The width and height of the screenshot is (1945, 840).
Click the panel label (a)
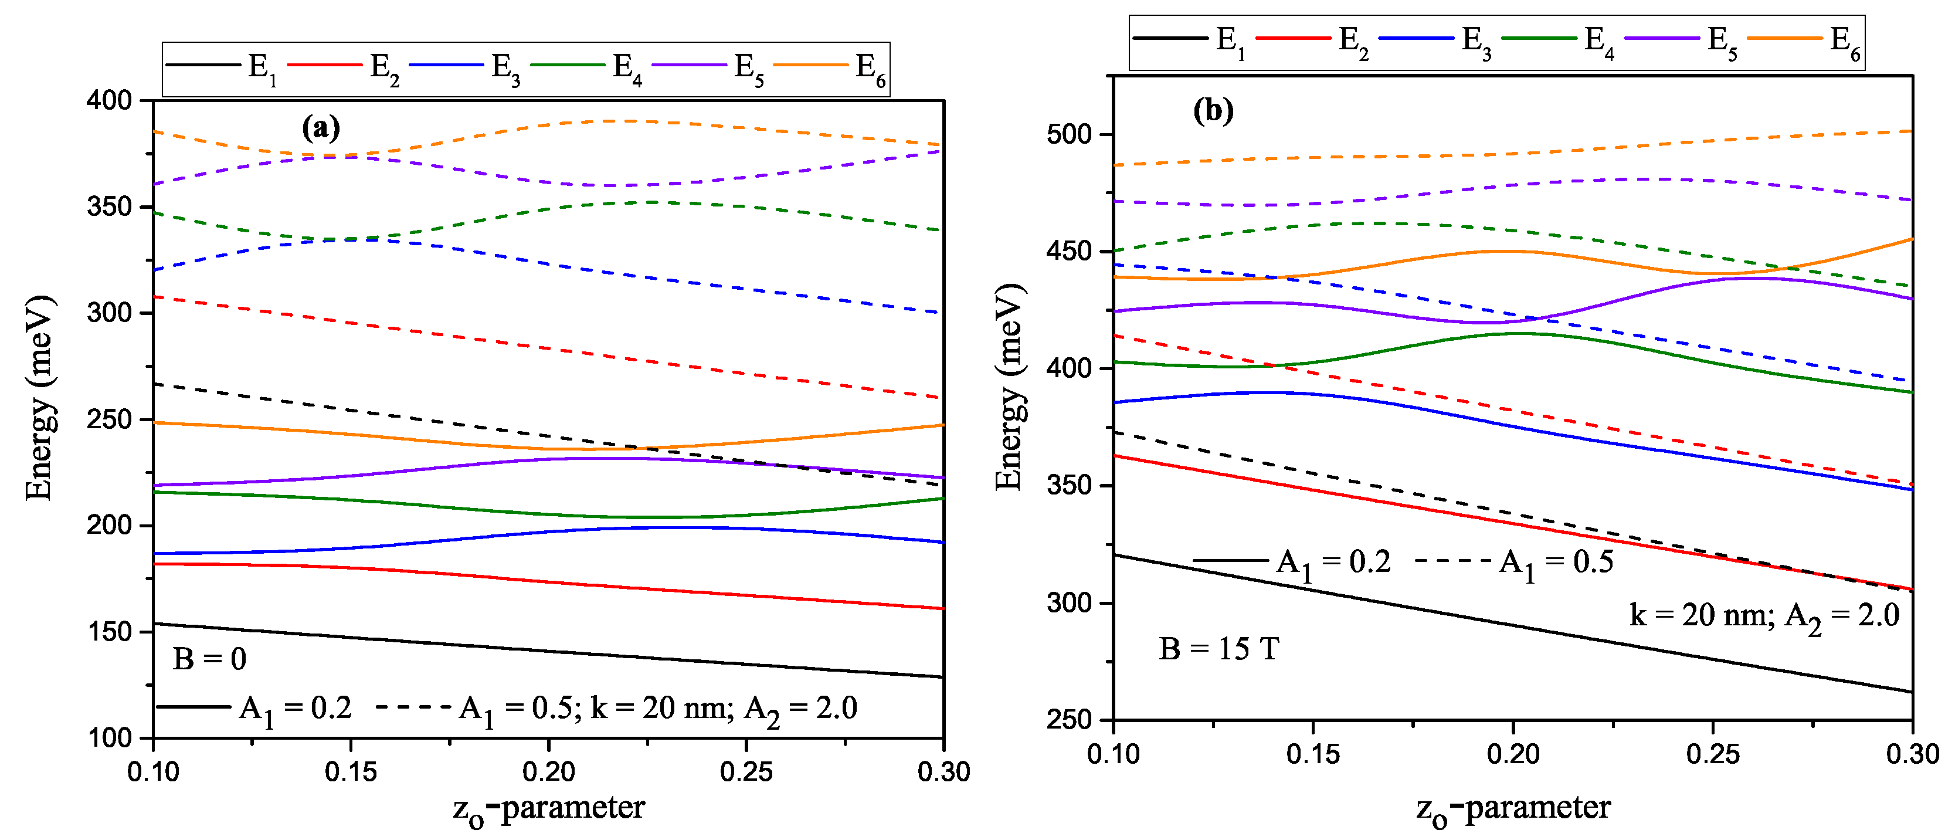(321, 128)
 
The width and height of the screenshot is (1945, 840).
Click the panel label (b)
(1213, 111)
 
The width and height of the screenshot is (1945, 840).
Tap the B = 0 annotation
(209, 659)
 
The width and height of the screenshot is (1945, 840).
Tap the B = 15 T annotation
(1218, 649)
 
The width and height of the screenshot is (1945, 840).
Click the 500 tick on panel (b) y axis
(1069, 134)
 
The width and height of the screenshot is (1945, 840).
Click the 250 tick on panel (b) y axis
(1069, 719)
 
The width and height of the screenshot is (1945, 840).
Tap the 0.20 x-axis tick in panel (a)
(549, 772)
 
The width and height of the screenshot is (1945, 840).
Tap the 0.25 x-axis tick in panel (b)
(1712, 754)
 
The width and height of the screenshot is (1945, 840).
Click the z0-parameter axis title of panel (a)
(549, 809)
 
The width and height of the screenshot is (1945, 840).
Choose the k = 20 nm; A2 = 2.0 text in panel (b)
(1764, 617)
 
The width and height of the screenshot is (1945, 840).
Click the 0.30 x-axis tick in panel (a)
(943, 772)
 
